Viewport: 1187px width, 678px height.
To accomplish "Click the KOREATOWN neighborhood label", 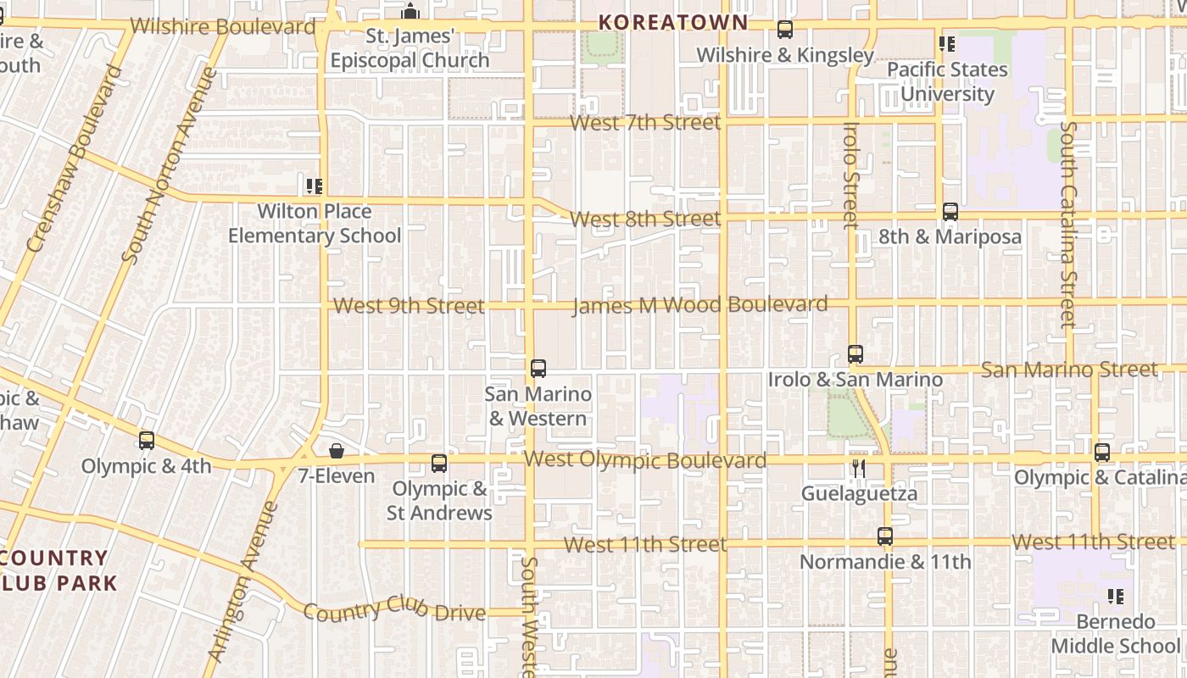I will click(674, 23).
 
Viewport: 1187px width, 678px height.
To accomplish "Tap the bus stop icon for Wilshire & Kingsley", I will click(785, 30).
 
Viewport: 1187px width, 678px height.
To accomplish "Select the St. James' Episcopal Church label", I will click(410, 48).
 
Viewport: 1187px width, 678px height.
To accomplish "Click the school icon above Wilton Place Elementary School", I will click(315, 186).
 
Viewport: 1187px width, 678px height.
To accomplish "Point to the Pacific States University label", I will click(947, 81).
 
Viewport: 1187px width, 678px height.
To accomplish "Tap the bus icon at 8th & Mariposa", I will click(950, 212).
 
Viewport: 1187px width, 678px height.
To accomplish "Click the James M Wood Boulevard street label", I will click(699, 304).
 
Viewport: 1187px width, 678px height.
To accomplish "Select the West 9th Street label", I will click(409, 306).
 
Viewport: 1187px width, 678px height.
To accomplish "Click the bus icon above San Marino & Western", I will click(538, 369).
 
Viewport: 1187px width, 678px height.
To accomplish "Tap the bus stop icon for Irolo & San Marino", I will click(855, 354).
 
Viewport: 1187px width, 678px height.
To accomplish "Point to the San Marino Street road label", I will click(1068, 370).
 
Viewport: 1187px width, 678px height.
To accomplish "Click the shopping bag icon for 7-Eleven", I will click(337, 450).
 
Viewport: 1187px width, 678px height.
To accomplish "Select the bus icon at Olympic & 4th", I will click(147, 441).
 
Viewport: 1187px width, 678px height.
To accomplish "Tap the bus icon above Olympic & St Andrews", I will click(439, 464).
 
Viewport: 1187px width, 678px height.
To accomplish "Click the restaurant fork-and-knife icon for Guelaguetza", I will click(859, 468).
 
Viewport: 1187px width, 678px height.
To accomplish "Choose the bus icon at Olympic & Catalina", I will click(1102, 453).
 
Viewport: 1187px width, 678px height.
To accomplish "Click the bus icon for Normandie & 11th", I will click(885, 536).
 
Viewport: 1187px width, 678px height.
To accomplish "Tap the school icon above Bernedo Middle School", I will click(1116, 597).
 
